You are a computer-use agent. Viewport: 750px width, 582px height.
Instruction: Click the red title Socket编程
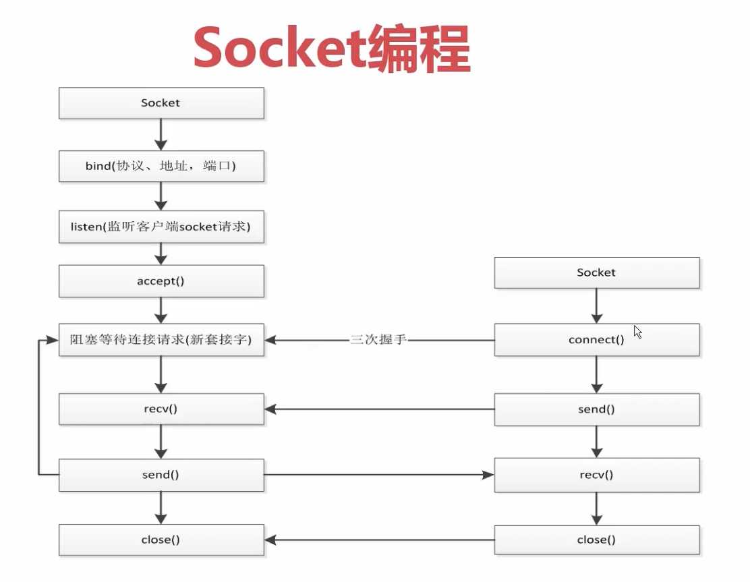(331, 49)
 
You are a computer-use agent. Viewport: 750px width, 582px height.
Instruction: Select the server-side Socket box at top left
(161, 103)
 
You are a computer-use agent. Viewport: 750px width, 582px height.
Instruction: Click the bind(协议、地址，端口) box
(161, 166)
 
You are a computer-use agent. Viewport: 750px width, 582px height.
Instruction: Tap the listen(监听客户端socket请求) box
(161, 228)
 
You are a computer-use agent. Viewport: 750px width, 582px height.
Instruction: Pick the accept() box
(161, 281)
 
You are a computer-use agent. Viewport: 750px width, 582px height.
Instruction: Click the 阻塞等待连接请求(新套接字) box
(161, 341)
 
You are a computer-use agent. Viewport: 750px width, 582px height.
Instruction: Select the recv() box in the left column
(161, 409)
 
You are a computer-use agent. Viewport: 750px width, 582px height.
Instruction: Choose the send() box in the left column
(161, 475)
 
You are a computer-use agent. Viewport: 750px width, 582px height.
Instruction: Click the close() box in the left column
(161, 540)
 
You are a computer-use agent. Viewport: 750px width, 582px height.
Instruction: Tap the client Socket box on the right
(596, 272)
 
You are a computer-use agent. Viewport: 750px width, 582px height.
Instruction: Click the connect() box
(596, 340)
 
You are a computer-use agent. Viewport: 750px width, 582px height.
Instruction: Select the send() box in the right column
(596, 409)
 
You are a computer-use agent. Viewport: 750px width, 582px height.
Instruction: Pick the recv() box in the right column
(596, 475)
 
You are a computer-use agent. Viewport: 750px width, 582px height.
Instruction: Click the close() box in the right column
(596, 540)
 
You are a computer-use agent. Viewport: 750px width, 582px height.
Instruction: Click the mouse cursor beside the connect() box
(637, 332)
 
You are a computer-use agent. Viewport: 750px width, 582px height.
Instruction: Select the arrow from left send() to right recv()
(378, 475)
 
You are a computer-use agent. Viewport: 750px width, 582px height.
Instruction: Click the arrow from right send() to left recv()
(378, 409)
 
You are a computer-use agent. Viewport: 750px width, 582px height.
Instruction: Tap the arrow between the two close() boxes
(378, 540)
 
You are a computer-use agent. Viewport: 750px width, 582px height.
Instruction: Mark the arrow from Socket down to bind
(161, 135)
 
